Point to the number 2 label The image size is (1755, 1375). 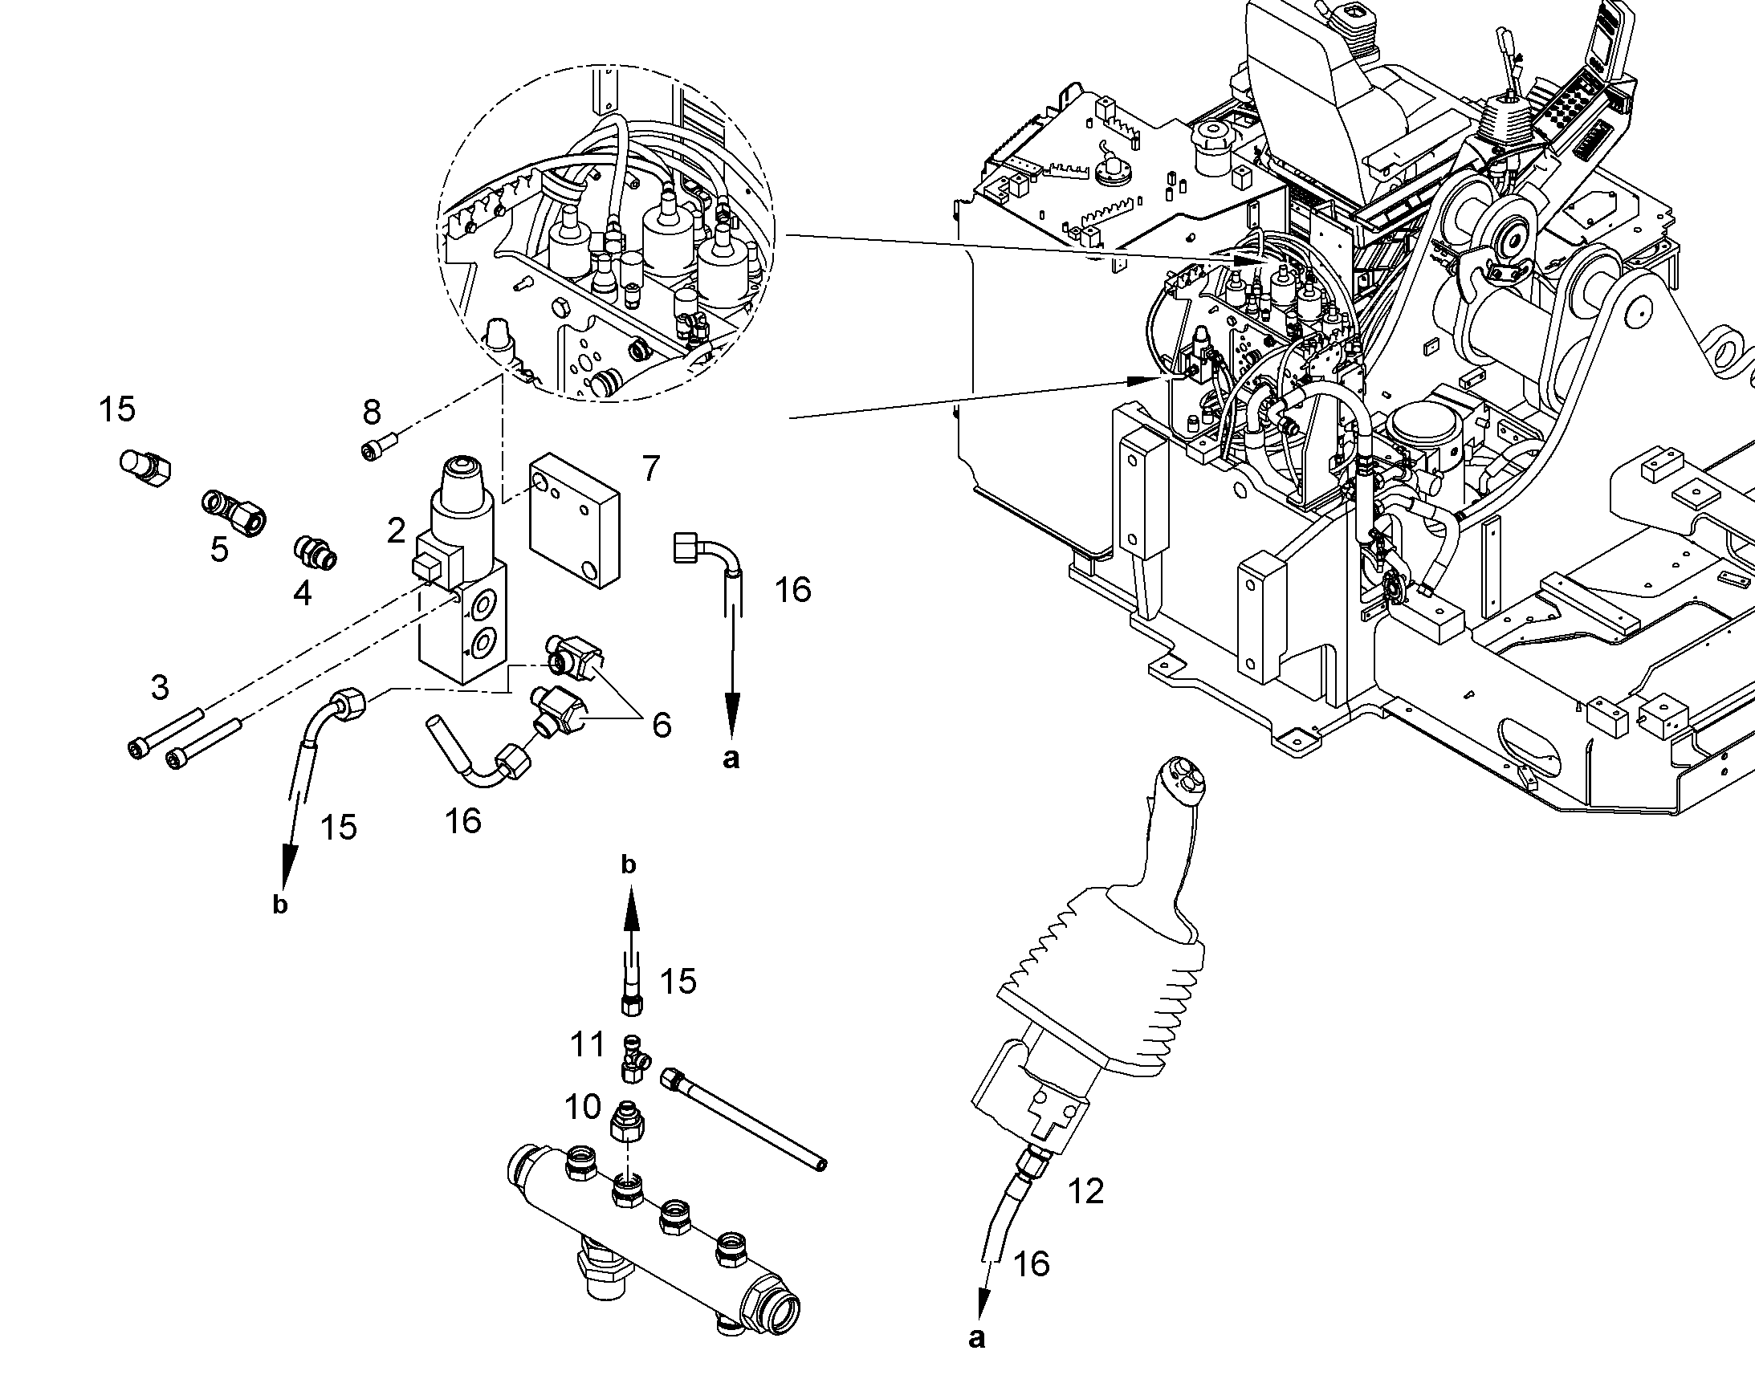pyautogui.click(x=395, y=531)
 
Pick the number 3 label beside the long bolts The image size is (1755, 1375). pyautogui.click(x=161, y=687)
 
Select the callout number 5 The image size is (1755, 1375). pyautogui.click(x=219, y=550)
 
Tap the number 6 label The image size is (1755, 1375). pyautogui.click(x=661, y=725)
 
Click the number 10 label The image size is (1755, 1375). pyautogui.click(x=583, y=1107)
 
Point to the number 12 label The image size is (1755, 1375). pyautogui.click(x=1085, y=1190)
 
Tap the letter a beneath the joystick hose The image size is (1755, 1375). pyautogui.click(x=976, y=1338)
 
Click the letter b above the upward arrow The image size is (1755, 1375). pyautogui.click(x=629, y=864)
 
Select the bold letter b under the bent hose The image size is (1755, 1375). pyautogui.click(x=279, y=905)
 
